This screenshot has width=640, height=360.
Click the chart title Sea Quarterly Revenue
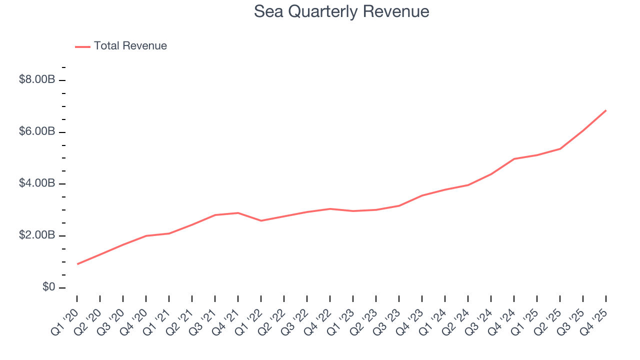[x=341, y=11]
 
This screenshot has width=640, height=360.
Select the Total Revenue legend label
[x=130, y=46]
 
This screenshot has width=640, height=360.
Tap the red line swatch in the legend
[x=82, y=46]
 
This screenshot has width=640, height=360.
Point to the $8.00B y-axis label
[x=36, y=79]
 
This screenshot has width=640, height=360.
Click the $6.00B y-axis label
[x=36, y=131]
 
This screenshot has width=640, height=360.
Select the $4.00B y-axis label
[x=36, y=183]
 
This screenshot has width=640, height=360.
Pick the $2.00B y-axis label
[x=36, y=235]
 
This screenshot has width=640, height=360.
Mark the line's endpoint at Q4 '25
[x=606, y=110]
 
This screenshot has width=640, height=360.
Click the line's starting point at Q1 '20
[x=77, y=264]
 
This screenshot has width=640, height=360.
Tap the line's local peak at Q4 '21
[x=238, y=213]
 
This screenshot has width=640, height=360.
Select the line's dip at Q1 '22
[x=261, y=220]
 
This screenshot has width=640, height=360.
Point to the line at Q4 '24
[x=514, y=159]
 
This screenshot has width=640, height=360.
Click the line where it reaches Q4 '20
[x=146, y=235]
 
